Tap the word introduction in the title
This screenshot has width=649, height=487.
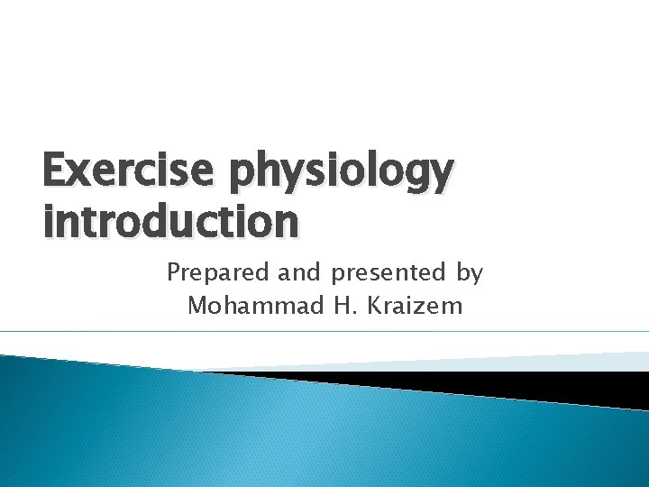click(x=170, y=222)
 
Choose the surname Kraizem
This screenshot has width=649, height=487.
click(x=417, y=307)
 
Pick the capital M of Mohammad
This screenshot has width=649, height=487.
click(x=197, y=307)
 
